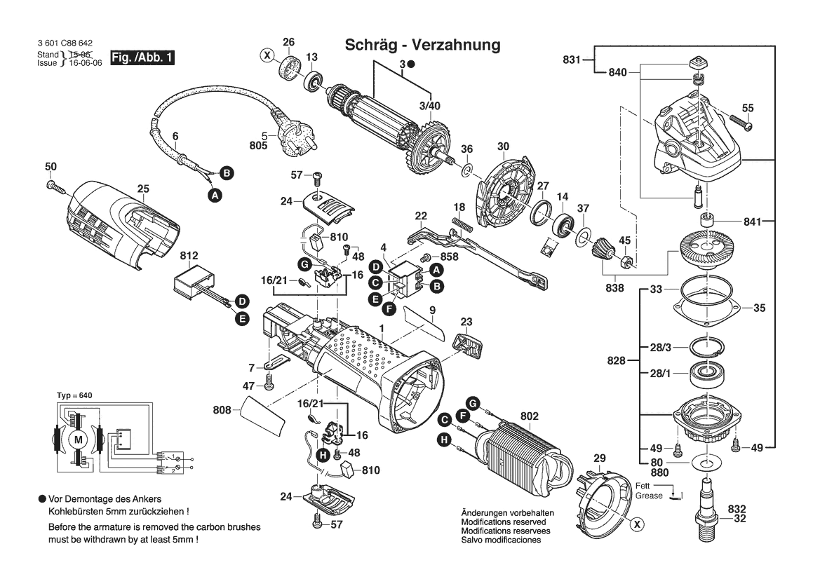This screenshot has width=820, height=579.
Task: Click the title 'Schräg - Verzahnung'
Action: pyautogui.click(x=422, y=46)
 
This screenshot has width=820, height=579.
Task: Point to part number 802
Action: pyautogui.click(x=530, y=416)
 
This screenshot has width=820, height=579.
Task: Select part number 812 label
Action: pyautogui.click(x=189, y=256)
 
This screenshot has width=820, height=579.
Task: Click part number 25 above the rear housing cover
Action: pyautogui.click(x=143, y=189)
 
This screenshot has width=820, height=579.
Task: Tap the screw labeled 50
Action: pyautogui.click(x=55, y=186)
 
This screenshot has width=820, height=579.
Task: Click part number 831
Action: pyautogui.click(x=572, y=60)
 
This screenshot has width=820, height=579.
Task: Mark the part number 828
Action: pyautogui.click(x=617, y=361)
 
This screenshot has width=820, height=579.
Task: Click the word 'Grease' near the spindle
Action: pyautogui.click(x=649, y=496)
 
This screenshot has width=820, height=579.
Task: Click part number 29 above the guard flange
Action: pyautogui.click(x=599, y=458)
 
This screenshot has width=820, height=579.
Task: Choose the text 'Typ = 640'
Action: pyautogui.click(x=74, y=396)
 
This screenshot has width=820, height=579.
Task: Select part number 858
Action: pyautogui.click(x=450, y=258)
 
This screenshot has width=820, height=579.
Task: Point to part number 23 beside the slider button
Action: pyautogui.click(x=466, y=322)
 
